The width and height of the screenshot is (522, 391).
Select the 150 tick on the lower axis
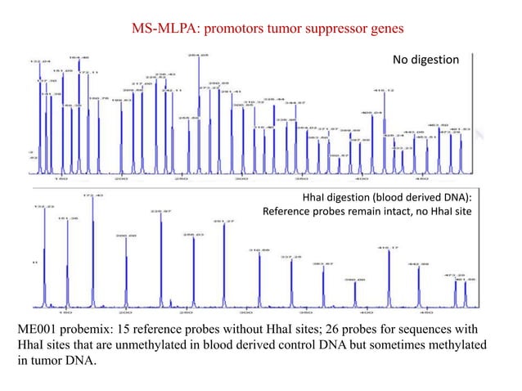(x=65, y=312)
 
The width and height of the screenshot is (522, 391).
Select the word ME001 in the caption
(x=38, y=328)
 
